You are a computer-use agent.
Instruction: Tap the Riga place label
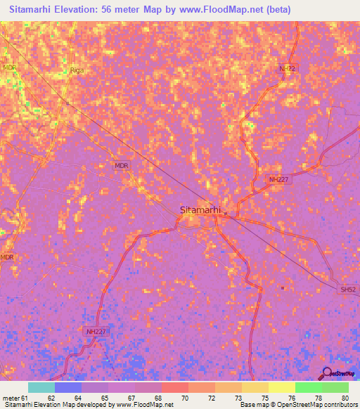point(77,70)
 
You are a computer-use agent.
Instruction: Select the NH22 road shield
point(288,68)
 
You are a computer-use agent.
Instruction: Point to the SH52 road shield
point(347,290)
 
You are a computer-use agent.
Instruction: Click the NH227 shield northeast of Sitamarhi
point(279,180)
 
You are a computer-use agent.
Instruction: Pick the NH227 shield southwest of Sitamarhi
point(96,331)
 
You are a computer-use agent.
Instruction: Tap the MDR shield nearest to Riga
point(9,67)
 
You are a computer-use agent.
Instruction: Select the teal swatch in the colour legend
point(41,387)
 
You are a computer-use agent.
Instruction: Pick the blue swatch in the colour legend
point(68,387)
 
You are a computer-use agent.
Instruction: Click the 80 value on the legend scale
point(345,398)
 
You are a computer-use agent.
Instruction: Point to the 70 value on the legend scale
point(185,398)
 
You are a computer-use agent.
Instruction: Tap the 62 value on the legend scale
point(51,398)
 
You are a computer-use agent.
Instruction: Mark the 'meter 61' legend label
point(13,398)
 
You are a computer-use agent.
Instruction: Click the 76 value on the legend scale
point(292,398)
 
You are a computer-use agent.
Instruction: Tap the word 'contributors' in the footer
point(341,405)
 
